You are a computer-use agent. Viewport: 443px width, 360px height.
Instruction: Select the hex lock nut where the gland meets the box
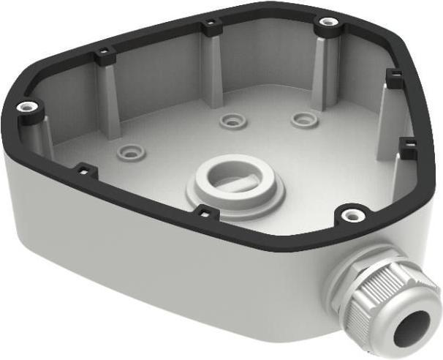coord(350,282)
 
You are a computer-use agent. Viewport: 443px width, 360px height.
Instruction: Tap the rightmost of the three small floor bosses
coord(303,119)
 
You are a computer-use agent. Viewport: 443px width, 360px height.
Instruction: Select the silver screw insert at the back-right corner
coord(325,24)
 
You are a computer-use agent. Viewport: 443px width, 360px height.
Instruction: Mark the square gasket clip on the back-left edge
coord(103,54)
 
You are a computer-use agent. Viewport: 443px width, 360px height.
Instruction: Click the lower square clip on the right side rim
coord(409,143)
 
